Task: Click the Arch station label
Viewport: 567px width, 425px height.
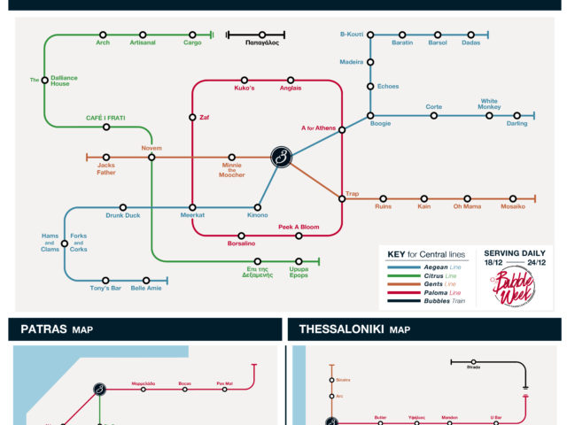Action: (x=103, y=42)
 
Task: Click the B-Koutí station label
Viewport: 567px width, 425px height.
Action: (x=352, y=35)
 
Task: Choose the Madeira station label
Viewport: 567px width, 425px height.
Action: (x=352, y=62)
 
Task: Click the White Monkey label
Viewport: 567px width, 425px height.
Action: (x=490, y=104)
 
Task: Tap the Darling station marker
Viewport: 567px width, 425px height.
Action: (x=517, y=115)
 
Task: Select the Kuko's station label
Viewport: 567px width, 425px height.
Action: (x=245, y=89)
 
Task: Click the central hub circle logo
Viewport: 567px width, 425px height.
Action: (x=282, y=158)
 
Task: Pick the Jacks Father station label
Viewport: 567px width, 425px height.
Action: (x=106, y=168)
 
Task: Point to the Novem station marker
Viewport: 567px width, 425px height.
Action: (x=151, y=158)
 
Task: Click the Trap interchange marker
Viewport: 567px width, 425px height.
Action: (x=342, y=198)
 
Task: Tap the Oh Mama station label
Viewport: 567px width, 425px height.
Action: (x=467, y=207)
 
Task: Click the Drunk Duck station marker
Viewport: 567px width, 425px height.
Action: (x=123, y=207)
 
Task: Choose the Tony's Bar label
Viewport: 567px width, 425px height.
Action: (x=105, y=289)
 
